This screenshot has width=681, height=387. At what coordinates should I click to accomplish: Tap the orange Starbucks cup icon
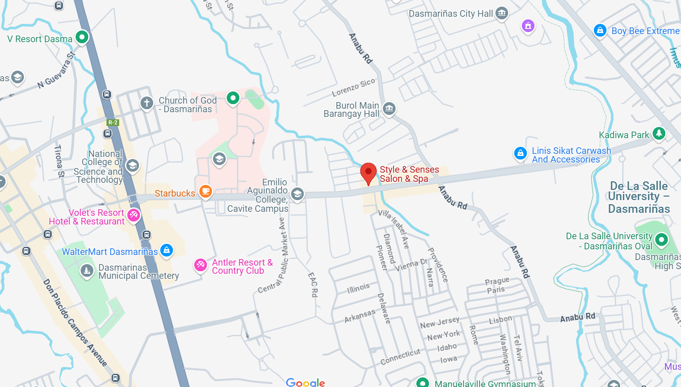[x=205, y=191]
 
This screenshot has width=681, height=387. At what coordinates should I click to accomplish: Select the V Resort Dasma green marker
[x=82, y=37]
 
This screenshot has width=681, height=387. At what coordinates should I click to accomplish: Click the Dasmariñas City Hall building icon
[x=501, y=13]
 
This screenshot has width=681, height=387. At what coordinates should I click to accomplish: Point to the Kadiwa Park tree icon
[x=659, y=134]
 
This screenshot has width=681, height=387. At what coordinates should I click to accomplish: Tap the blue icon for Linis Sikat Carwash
[x=520, y=153]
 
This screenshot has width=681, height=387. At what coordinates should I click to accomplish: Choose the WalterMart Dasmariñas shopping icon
[x=166, y=250]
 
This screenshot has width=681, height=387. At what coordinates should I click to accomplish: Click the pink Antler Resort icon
[x=201, y=265]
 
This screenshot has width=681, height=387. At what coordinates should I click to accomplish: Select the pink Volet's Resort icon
[x=133, y=215]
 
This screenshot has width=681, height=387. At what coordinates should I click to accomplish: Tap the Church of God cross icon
[x=147, y=103]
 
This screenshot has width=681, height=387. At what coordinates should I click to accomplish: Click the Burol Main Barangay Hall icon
[x=389, y=108]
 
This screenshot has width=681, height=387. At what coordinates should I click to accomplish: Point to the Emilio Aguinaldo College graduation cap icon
[x=297, y=193]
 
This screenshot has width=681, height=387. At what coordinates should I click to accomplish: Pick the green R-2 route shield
[x=113, y=122]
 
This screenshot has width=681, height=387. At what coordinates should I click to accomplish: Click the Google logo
[x=305, y=382]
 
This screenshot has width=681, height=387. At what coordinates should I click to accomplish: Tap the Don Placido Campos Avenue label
[x=75, y=322]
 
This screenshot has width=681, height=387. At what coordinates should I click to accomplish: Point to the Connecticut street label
[x=401, y=357]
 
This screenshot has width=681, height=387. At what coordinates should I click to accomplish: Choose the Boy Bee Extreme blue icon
[x=600, y=30]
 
